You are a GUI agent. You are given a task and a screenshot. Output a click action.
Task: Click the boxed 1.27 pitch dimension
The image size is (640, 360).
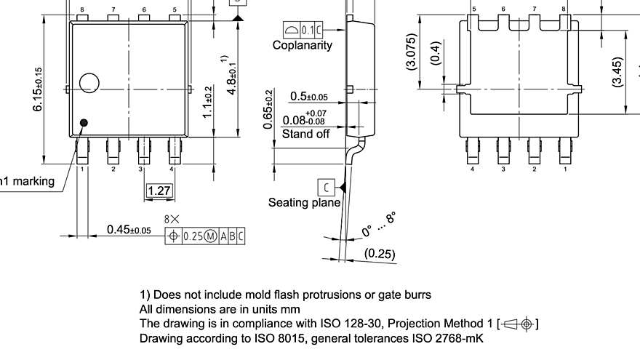(159, 191)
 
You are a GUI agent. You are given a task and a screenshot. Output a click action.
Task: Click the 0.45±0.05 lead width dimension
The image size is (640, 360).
(129, 230)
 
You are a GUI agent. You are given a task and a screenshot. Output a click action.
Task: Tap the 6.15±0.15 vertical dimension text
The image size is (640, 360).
(38, 89)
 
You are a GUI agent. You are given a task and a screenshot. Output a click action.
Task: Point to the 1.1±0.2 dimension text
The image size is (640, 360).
(208, 102)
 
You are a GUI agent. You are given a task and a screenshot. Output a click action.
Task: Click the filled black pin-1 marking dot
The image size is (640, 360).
(84, 123)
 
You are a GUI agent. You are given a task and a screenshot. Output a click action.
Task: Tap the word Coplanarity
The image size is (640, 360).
(302, 45)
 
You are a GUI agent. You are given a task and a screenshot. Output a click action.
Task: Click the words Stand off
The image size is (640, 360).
(305, 134)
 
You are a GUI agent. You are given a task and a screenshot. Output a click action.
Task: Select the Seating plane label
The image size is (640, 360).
(304, 202)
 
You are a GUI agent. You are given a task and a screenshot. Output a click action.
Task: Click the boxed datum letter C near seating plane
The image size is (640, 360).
(326, 188)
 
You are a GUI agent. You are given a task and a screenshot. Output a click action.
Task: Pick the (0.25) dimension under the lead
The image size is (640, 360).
(380, 254)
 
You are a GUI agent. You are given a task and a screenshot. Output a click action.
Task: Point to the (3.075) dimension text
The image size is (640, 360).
(412, 52)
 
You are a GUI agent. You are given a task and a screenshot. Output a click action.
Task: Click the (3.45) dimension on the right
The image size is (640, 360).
(617, 72)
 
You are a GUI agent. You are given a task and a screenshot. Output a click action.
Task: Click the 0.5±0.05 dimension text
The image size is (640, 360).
(308, 97)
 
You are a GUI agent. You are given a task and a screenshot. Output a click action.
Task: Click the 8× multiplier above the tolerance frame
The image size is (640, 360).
(172, 218)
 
